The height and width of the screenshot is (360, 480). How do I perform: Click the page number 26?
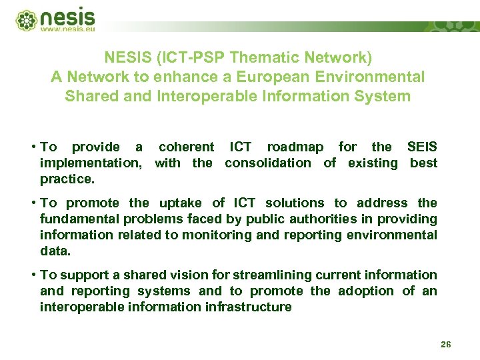coord(446,345)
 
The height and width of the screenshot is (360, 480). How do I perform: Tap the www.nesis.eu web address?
coord(68,29)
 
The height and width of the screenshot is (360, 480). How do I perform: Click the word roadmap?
coord(295,147)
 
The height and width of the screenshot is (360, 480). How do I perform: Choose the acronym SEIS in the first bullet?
coord(422,147)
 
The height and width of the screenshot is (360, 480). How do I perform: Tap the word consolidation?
coord(267,163)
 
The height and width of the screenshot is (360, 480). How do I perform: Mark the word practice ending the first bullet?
coord(67,179)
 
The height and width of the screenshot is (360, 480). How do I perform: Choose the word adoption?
coord(363,291)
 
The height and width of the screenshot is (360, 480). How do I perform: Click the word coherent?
coord(187,147)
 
